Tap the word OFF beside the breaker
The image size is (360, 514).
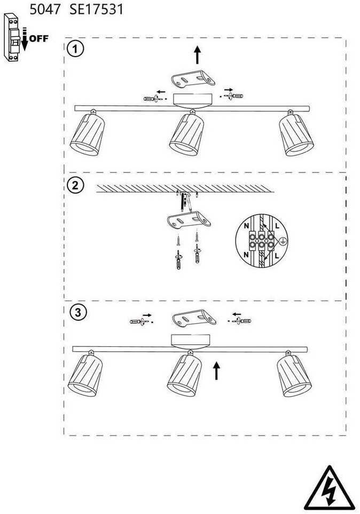(39, 38)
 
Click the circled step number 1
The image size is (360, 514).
(76, 50)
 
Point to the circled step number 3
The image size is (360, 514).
(78, 313)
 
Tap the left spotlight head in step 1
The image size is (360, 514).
(87, 136)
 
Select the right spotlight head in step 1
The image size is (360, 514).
(298, 136)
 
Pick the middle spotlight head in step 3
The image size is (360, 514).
(186, 376)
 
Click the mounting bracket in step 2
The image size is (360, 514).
(188, 219)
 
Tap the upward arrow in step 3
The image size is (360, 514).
(217, 370)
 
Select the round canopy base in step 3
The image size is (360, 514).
(191, 340)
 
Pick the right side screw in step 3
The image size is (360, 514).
(241, 320)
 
